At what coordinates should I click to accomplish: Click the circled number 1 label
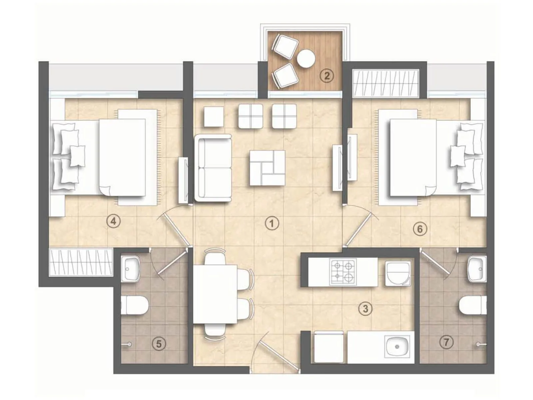point(272,223)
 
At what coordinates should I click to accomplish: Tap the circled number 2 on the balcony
point(327,76)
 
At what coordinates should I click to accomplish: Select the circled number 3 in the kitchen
point(365,308)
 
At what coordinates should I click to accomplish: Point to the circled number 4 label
point(114,221)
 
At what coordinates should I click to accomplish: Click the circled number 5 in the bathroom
point(159,343)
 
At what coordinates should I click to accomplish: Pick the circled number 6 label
point(419,229)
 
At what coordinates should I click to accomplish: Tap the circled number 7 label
point(446,342)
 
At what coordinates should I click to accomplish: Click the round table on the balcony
point(306,59)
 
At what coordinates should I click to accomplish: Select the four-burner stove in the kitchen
point(343,272)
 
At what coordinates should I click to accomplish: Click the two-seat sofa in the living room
point(215,168)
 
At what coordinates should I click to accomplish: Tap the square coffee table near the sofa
point(267,168)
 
